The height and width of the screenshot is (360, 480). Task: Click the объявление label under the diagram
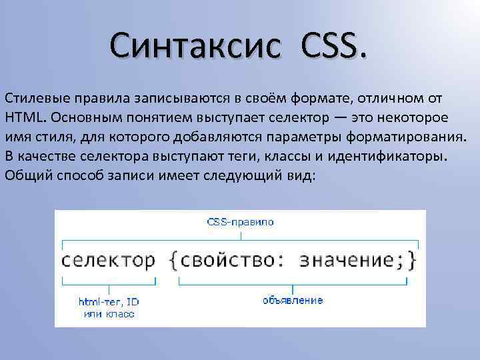coord(293,301)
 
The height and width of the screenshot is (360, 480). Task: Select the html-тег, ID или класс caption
coord(109,307)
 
